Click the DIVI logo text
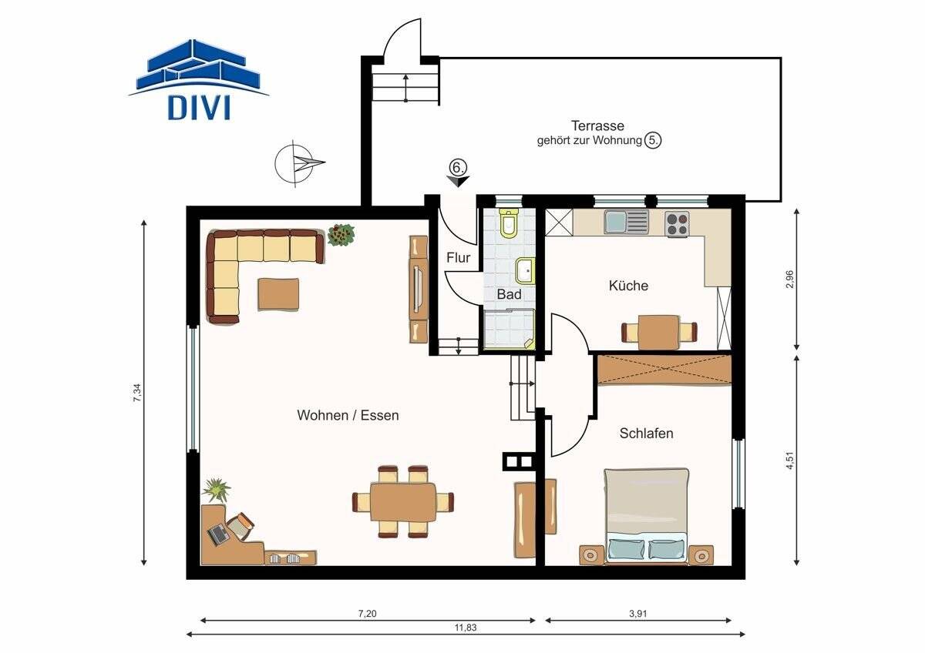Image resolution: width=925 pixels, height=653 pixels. pos(199,108)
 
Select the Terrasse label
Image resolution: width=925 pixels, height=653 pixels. pos(597,126)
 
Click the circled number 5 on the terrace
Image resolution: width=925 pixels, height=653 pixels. pos(653,141)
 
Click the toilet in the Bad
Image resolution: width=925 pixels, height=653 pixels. pos(510,223)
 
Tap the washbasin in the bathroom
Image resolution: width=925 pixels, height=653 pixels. pos(525,271)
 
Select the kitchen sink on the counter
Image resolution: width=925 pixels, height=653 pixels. pos(627,222)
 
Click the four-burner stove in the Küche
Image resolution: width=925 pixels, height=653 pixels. pos(677,224)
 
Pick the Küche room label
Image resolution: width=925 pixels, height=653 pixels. pos(628,286)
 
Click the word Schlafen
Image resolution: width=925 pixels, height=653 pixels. pos(646,433)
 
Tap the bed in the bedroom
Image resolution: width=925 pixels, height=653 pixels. pos(646,516)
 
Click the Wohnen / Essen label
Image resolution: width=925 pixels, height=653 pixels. pos(348,415)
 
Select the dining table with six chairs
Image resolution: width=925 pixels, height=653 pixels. pos(403,501)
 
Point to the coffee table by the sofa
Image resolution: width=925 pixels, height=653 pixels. pos(279,294)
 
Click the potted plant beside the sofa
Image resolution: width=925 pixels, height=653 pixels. pos(341,235)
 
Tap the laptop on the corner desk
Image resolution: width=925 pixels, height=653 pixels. pos(218,534)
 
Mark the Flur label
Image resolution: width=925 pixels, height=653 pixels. pos(459,258)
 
